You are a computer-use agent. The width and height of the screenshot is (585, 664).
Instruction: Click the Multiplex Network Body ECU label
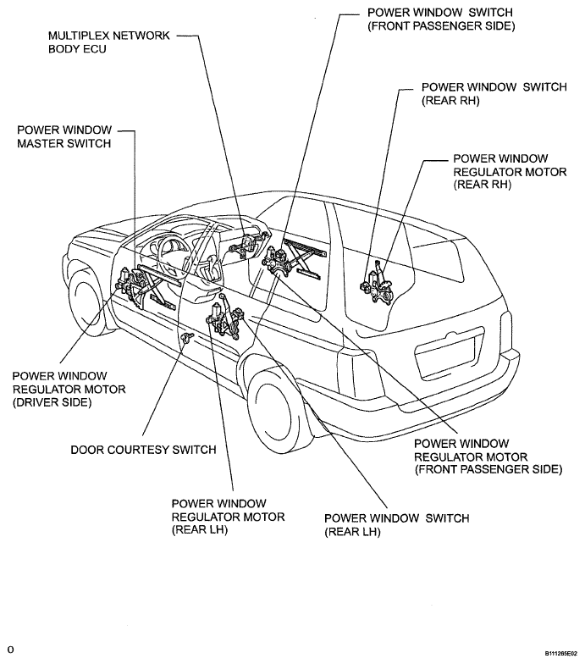point(108,42)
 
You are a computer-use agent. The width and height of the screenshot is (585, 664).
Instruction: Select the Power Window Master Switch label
point(64,136)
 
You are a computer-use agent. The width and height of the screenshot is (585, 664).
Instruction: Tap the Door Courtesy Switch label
point(143,449)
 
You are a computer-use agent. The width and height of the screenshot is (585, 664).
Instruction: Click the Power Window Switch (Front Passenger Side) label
point(441,19)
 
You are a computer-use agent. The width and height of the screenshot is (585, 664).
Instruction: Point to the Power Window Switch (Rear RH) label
point(494,93)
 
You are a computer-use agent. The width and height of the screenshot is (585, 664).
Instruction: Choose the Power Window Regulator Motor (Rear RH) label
point(510,171)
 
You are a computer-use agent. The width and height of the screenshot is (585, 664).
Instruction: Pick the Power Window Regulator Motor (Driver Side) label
point(69,390)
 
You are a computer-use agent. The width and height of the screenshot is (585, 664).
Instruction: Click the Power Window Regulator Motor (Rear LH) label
point(228,517)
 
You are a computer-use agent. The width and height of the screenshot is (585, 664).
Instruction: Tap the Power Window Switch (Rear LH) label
point(396,525)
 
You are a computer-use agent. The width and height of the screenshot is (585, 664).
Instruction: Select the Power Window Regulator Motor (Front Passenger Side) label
point(488,456)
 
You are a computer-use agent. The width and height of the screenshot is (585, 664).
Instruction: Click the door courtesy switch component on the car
point(186,337)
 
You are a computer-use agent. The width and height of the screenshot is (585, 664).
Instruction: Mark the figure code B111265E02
point(560,654)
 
